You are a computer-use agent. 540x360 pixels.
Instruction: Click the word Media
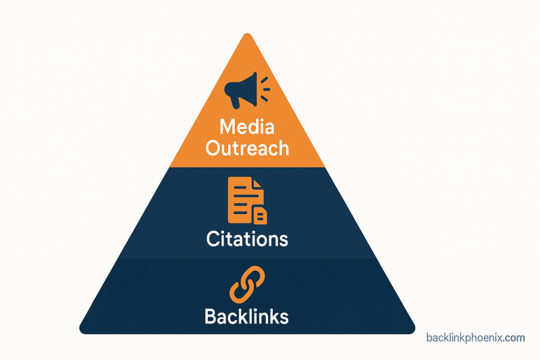[x=247, y=126]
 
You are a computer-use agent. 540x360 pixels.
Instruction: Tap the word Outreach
[x=247, y=148]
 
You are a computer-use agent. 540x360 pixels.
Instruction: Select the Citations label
[x=247, y=238]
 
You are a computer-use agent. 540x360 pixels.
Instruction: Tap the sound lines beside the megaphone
[x=265, y=88]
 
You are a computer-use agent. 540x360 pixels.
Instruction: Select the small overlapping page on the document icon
[x=259, y=215]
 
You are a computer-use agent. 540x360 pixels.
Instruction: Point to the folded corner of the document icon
[x=257, y=184]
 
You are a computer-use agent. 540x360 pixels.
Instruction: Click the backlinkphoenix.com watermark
[x=475, y=338]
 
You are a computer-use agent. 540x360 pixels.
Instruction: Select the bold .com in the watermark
[x=514, y=338]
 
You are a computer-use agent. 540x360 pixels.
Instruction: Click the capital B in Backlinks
[x=211, y=316]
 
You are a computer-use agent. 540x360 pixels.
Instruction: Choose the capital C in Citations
[x=213, y=238]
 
